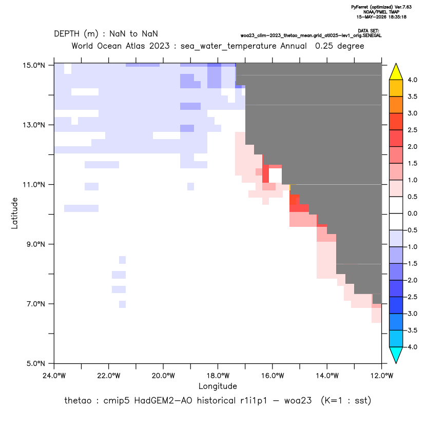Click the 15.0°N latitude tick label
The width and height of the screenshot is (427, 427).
[x=34, y=65]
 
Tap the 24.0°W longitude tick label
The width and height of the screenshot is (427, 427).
[x=54, y=376]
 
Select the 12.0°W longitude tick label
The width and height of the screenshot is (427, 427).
[x=382, y=376]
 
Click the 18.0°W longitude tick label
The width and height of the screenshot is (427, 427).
[x=218, y=376]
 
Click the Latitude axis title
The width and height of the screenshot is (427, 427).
[x=14, y=213]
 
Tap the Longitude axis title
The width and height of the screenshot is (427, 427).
[x=218, y=386]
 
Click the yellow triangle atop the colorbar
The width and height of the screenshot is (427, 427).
[x=396, y=72]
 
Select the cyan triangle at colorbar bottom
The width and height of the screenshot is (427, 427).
[x=396, y=355]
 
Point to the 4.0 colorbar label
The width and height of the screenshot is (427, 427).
[x=412, y=80]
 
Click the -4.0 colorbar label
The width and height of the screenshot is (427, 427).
[x=411, y=347]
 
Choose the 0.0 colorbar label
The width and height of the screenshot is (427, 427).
[x=412, y=213]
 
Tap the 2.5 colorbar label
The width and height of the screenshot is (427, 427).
[x=412, y=130]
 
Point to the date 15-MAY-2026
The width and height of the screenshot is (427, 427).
[x=372, y=17]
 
